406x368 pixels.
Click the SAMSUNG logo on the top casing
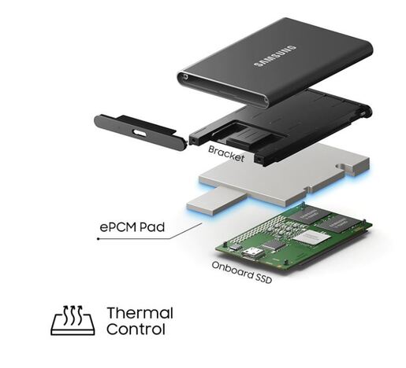275,56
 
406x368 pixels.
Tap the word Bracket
226,154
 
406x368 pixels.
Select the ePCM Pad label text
132,227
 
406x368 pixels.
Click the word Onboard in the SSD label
231,270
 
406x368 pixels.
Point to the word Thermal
140,313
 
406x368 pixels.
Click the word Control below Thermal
136,329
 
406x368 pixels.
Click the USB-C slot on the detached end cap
140,132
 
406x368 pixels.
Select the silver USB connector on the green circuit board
253,253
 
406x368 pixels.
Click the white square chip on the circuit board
311,238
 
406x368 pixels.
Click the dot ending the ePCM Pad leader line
98,239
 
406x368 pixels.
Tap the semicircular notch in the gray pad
341,166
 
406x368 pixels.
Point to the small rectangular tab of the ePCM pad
216,201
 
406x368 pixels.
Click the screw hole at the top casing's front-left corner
186,77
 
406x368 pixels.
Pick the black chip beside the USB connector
274,245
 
